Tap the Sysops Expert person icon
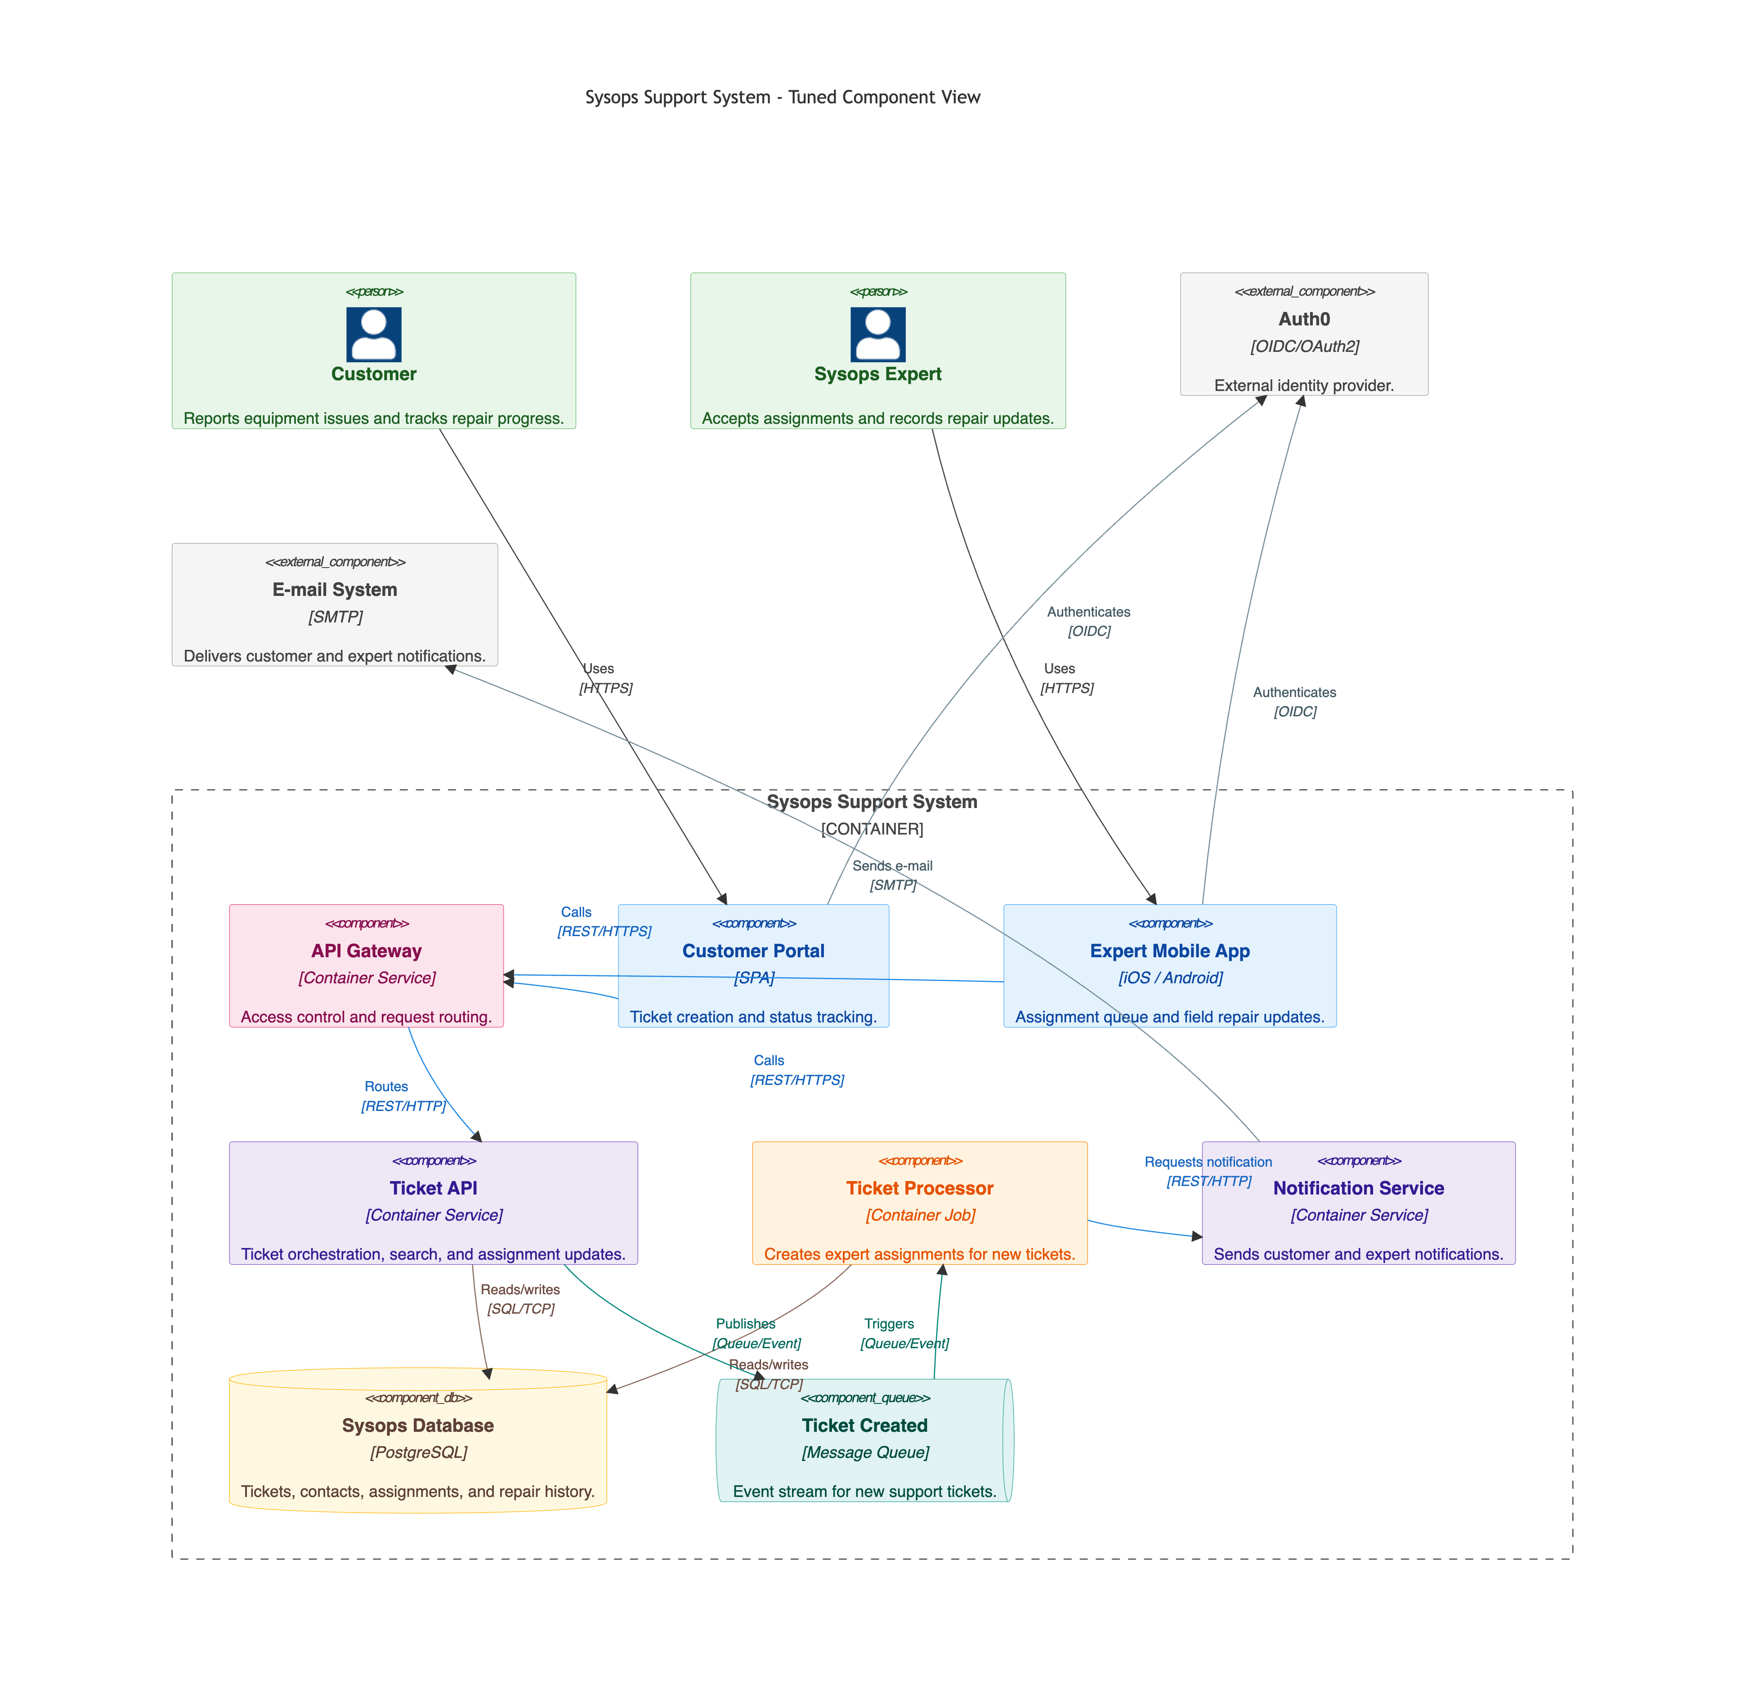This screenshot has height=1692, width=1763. coord(878,334)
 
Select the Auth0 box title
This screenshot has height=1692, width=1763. coord(1304,319)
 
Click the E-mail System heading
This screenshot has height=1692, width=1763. coord(335,590)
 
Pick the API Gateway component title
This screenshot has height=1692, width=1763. coord(366,951)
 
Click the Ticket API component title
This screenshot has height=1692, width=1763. coord(434,1189)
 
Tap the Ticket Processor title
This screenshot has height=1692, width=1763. coord(919,1189)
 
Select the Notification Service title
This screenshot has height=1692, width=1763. coord(1358,1189)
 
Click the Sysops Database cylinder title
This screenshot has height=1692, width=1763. coord(418,1426)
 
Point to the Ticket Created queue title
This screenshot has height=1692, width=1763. coord(864,1426)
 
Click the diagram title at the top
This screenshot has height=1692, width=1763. coord(783,97)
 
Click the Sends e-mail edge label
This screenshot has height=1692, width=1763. coord(892,866)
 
